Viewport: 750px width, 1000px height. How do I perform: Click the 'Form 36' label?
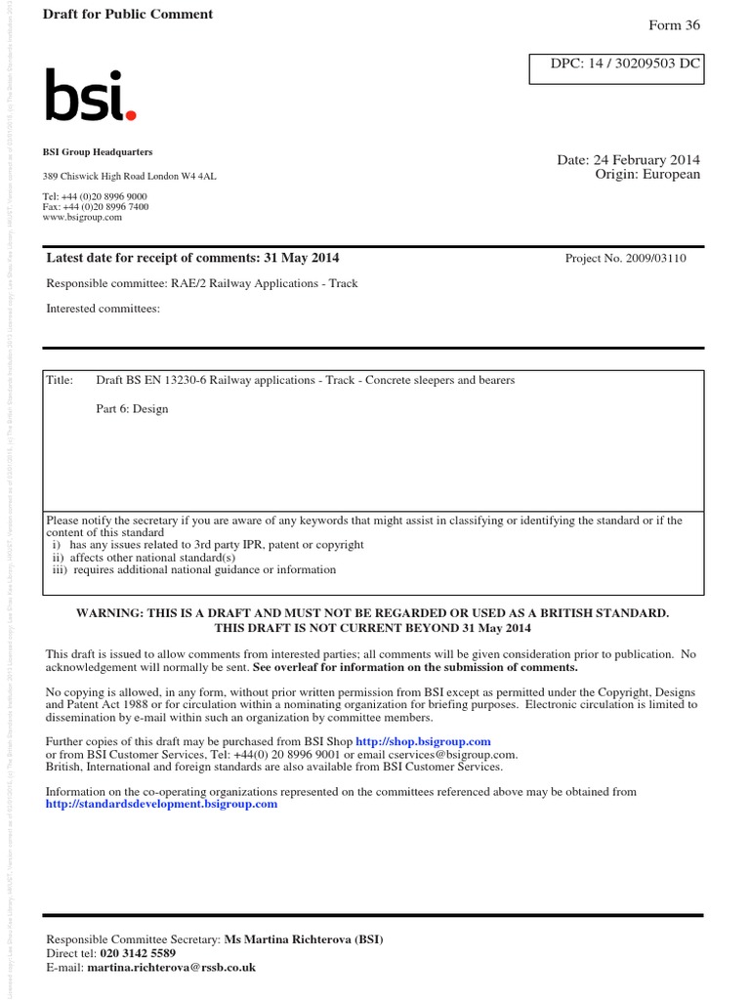[675, 25]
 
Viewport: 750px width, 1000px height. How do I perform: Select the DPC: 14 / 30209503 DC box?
[615, 66]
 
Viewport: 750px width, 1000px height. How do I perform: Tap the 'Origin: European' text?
[647, 175]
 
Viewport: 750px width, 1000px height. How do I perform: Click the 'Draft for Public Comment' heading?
[128, 15]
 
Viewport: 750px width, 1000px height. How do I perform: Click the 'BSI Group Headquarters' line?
[98, 152]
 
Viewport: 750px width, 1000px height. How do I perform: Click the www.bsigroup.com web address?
[83, 218]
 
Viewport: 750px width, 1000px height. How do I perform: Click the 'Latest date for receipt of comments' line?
[193, 258]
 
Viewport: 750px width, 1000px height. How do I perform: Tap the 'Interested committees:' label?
[103, 310]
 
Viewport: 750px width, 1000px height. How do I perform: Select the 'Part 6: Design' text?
[132, 409]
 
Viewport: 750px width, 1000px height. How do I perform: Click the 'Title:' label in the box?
[60, 380]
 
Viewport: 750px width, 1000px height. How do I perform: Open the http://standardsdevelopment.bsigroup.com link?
[162, 804]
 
